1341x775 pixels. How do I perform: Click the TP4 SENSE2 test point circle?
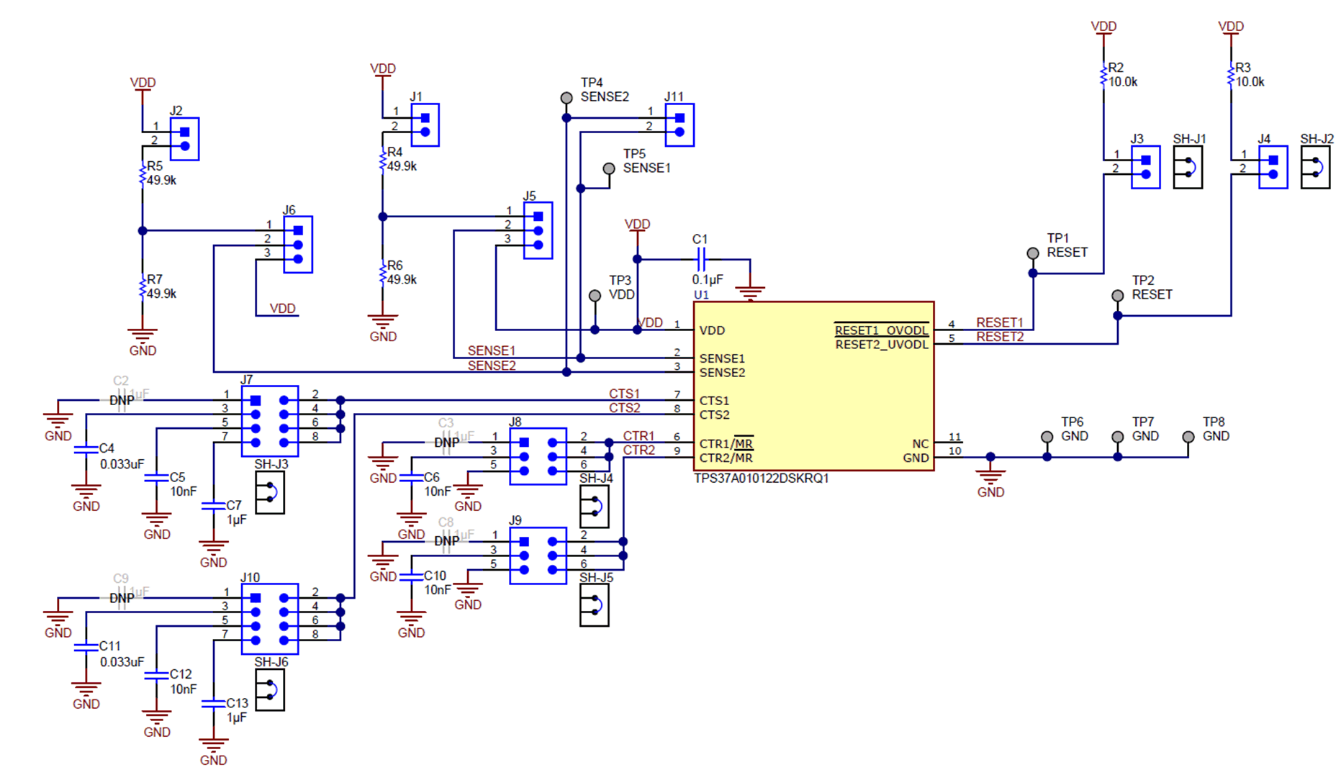point(566,97)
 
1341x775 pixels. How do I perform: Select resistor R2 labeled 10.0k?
point(1103,75)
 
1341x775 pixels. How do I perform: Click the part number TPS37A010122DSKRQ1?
point(761,479)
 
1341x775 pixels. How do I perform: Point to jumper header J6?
point(298,245)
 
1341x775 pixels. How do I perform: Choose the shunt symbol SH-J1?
point(1188,168)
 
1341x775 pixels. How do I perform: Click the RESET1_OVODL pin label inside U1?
point(881,330)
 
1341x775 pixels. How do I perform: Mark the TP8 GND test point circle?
point(1188,437)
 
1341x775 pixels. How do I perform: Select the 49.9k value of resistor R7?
point(162,294)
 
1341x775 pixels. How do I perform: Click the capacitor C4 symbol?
point(86,449)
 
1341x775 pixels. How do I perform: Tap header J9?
point(538,556)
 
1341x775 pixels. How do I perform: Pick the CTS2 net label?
point(624,408)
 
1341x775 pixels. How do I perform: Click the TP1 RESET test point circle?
point(1033,253)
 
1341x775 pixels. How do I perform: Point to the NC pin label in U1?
point(920,444)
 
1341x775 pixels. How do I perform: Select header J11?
point(679,125)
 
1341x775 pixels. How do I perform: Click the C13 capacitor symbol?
point(213,704)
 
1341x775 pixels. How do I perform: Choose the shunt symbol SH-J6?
point(270,690)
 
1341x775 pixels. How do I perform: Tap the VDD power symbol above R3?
point(1231,27)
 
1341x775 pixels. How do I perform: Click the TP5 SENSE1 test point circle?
point(609,168)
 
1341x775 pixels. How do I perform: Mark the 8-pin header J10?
point(270,619)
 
